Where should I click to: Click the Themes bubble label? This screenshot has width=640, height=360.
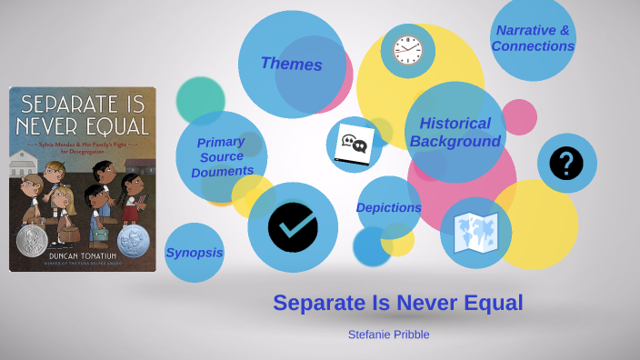[291, 64]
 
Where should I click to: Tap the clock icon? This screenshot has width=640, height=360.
[408, 50]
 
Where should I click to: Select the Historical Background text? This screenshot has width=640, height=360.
[455, 132]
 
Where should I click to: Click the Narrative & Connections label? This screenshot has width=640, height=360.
[533, 38]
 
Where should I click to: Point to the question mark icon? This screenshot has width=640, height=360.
[566, 164]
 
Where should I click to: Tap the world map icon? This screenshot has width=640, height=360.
[475, 233]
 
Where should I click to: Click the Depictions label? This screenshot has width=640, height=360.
[388, 207]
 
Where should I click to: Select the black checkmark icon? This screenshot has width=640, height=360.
[293, 227]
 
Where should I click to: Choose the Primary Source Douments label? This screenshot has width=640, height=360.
[222, 156]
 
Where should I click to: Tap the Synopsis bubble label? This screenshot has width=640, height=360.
[195, 253]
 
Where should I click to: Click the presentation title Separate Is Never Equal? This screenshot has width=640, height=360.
[398, 304]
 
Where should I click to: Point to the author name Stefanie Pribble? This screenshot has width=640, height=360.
[388, 335]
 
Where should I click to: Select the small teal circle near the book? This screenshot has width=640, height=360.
[200, 100]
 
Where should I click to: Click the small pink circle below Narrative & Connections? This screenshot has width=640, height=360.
[519, 117]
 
